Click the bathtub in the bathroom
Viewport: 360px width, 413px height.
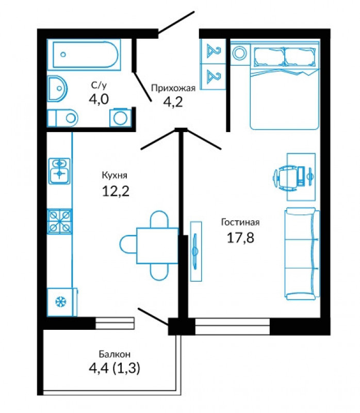pos(84,55)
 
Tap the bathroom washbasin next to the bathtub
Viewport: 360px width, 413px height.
pos(57,88)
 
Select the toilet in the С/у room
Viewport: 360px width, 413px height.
pos(62,118)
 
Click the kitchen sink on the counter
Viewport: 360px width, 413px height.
pos(59,171)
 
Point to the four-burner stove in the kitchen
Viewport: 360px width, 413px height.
pos(60,221)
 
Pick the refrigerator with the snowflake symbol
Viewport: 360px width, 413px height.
pos(62,302)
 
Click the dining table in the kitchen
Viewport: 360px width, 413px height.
pos(157,246)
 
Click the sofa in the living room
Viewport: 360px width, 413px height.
pos(302,253)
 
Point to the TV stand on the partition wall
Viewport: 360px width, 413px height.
pos(196,251)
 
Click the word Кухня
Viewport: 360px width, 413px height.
pos(114,175)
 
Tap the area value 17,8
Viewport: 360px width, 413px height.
pos(240,237)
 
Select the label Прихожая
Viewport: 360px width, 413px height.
pos(173,88)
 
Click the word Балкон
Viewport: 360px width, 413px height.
pos(114,354)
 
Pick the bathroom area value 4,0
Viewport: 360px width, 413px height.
pos(99,99)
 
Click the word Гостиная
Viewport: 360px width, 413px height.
pos(240,223)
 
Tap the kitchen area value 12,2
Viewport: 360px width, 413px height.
pos(116,191)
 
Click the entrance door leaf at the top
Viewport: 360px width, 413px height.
pos(176,23)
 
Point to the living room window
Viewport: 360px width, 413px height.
pos(233,327)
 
